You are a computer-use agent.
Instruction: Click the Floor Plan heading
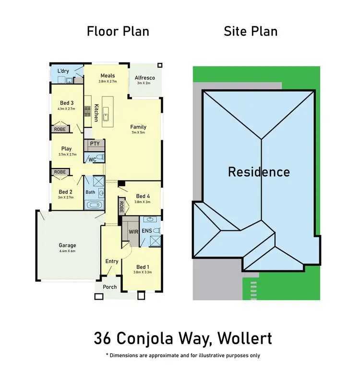118,32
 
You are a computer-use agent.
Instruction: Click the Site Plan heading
251,32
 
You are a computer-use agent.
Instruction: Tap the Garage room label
67,245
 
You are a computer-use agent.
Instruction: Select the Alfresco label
144,78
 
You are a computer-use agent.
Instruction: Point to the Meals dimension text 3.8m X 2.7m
108,82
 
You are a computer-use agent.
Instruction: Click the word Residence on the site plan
259,172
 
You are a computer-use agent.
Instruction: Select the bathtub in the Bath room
94,205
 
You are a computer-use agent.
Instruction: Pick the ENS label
146,231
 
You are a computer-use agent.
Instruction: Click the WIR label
133,231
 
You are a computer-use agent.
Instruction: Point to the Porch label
110,287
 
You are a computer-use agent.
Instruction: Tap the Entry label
111,261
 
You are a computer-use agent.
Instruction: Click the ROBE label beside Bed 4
121,207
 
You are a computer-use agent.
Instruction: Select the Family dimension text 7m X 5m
138,133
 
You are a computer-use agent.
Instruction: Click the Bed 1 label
143,267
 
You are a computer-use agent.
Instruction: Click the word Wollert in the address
244,338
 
